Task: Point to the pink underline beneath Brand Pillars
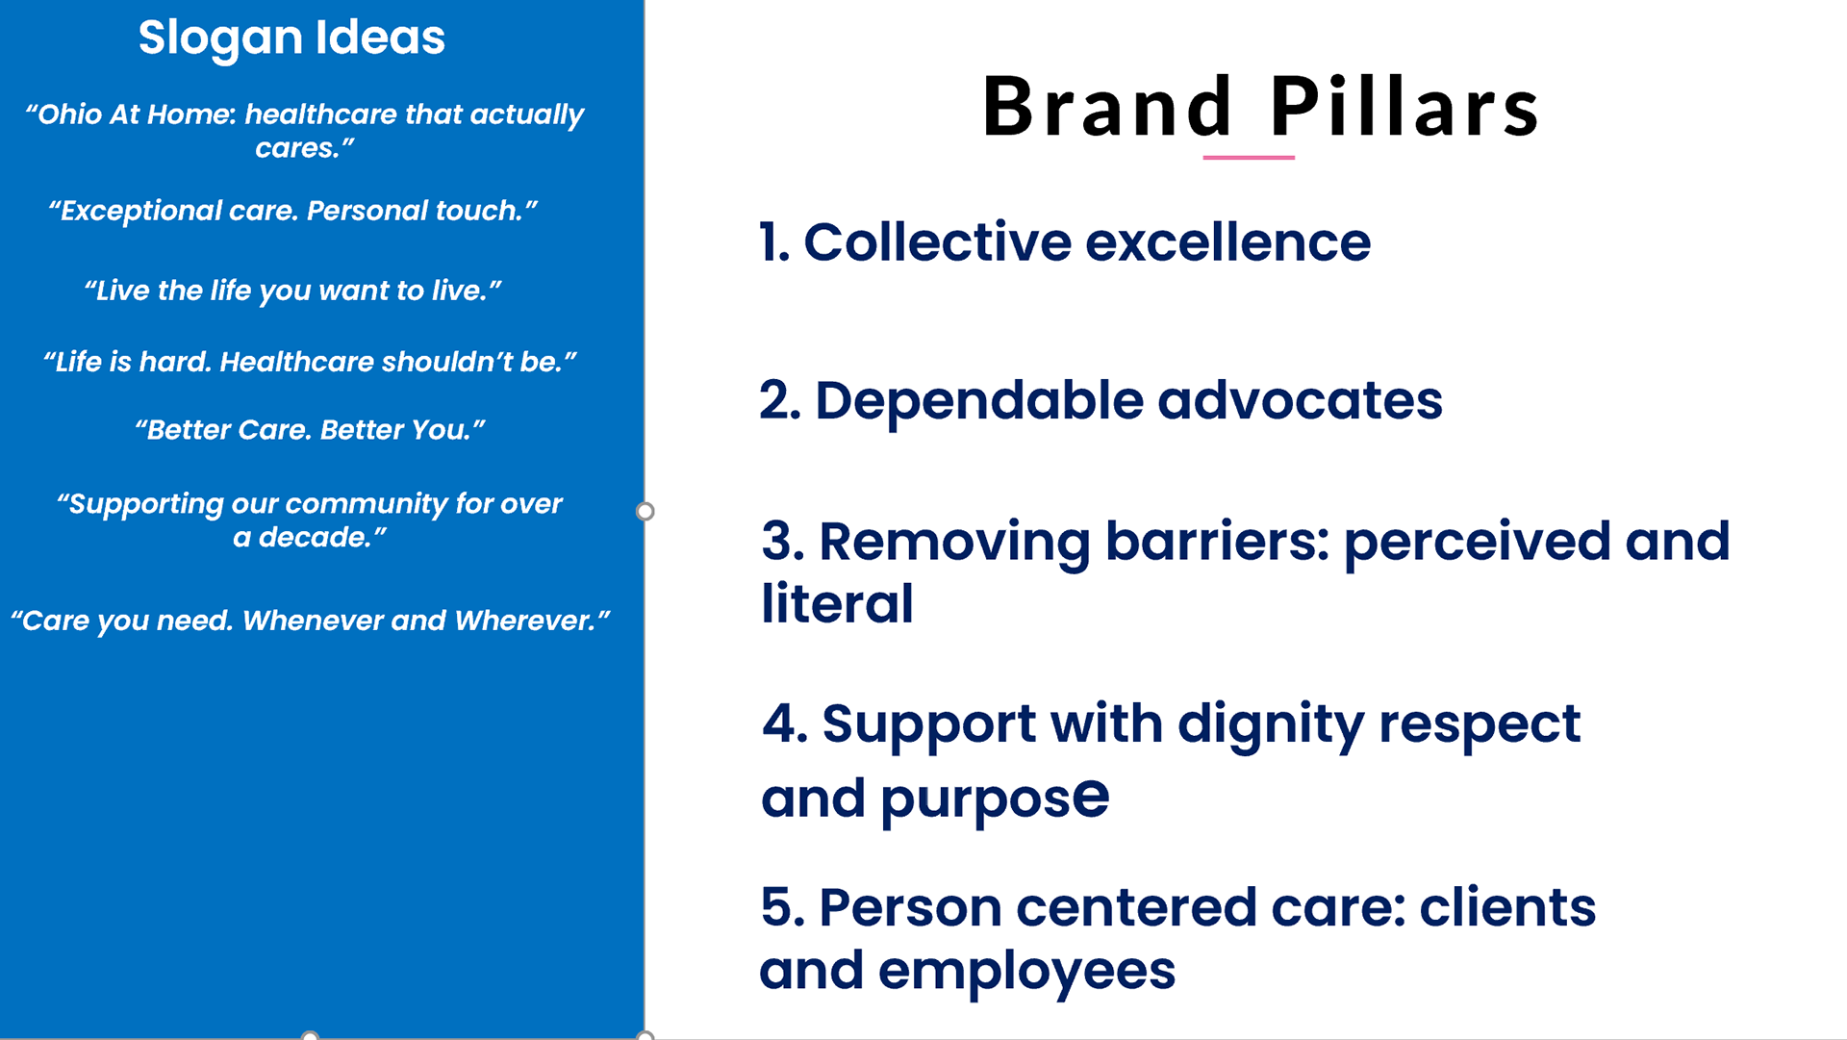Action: pos(1249,157)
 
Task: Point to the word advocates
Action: pos(1300,400)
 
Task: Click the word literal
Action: pos(837,603)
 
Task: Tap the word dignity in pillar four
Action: pos(1271,724)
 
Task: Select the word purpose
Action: pos(995,799)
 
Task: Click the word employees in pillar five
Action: pos(1026,971)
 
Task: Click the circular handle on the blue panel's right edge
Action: pos(645,511)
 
